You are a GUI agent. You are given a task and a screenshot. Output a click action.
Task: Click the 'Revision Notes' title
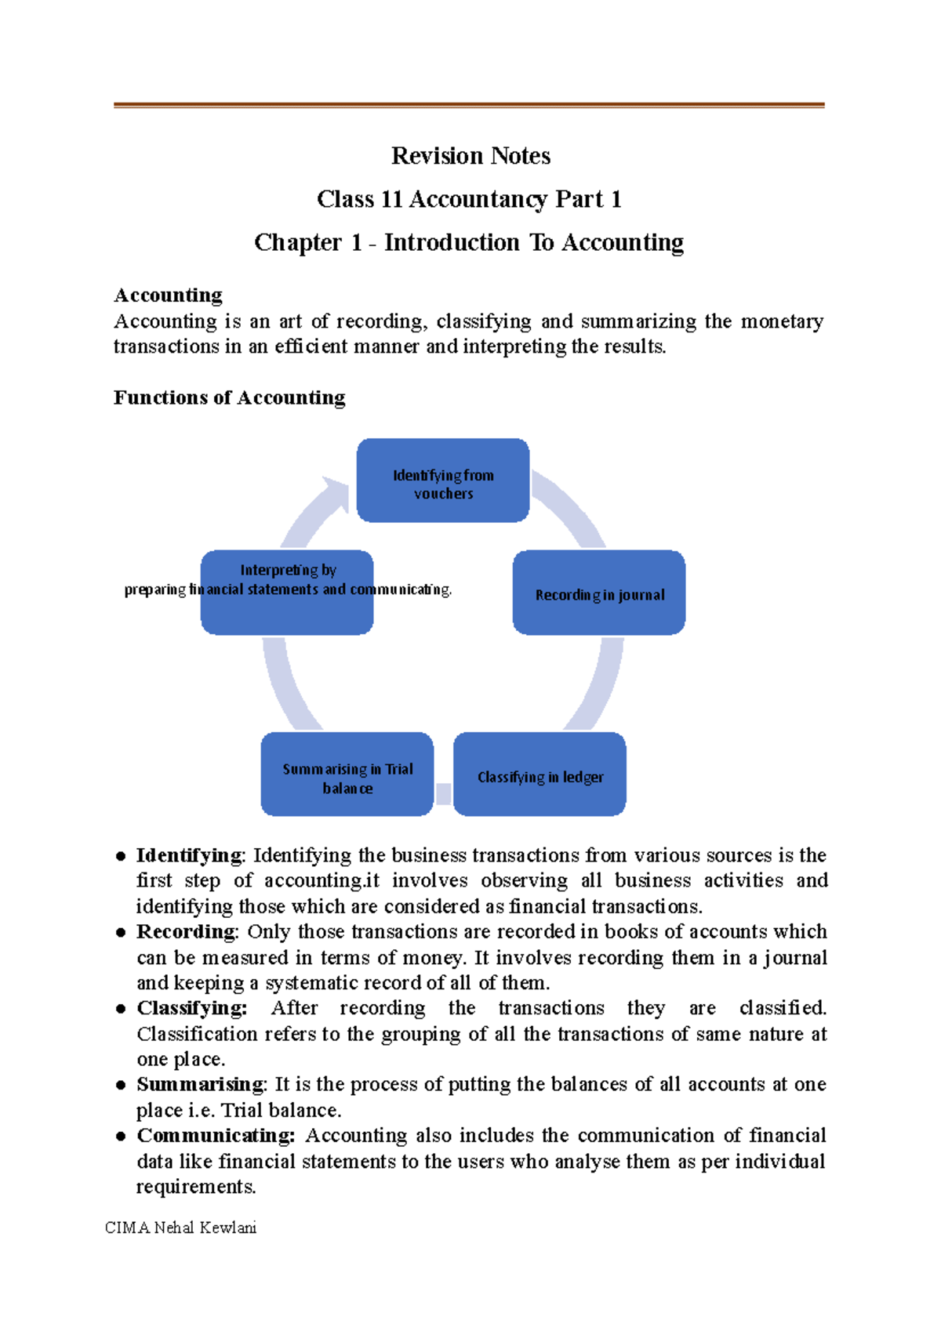click(x=470, y=156)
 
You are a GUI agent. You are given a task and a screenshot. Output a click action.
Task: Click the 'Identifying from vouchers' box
click(x=443, y=481)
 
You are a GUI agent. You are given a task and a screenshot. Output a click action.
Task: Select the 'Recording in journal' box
click(x=599, y=593)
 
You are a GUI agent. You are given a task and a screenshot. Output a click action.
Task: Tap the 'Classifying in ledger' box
click(x=540, y=774)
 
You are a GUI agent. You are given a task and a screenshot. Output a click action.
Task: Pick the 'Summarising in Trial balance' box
click(x=347, y=774)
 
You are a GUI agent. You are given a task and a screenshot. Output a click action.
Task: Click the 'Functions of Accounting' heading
click(x=229, y=397)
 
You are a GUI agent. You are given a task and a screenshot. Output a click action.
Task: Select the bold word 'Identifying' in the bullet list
click(x=189, y=854)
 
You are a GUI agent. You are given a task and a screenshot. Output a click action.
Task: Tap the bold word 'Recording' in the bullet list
click(x=186, y=931)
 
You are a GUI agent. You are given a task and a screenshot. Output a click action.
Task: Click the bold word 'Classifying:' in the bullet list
click(x=191, y=1007)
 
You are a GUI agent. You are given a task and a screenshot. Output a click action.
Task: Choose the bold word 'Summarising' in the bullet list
click(x=201, y=1084)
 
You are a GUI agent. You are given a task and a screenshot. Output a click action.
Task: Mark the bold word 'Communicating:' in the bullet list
click(x=216, y=1135)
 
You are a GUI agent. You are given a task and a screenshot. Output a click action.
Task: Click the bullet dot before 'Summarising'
click(x=121, y=1086)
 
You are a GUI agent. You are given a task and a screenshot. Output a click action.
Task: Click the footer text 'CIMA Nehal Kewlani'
click(x=180, y=1228)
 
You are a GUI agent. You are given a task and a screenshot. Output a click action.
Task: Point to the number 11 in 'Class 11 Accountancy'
click(x=391, y=199)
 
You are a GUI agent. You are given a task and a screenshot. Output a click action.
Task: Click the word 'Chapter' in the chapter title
click(x=298, y=242)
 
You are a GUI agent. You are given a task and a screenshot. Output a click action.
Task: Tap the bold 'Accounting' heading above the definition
click(x=168, y=295)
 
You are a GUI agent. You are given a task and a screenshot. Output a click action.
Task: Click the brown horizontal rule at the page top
click(x=469, y=104)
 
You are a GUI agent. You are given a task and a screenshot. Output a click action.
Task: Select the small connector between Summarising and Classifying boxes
click(x=443, y=793)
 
